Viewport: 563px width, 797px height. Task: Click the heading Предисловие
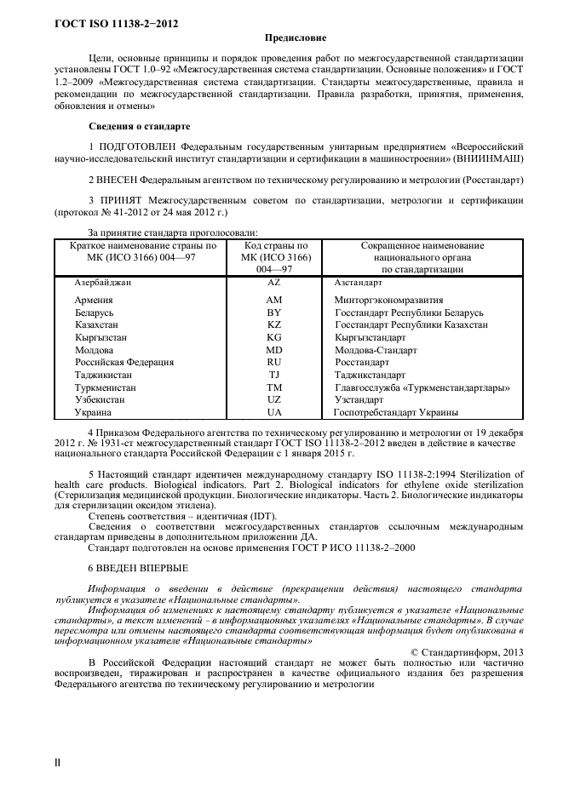pyautogui.click(x=295, y=37)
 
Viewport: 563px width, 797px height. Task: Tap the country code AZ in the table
pyautogui.click(x=274, y=281)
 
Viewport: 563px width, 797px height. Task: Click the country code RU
pyautogui.click(x=274, y=362)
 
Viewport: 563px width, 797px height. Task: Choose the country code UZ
pyautogui.click(x=274, y=399)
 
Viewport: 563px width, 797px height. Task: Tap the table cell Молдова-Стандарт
pyautogui.click(x=376, y=350)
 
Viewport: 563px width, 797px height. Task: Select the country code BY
pyautogui.click(x=274, y=312)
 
